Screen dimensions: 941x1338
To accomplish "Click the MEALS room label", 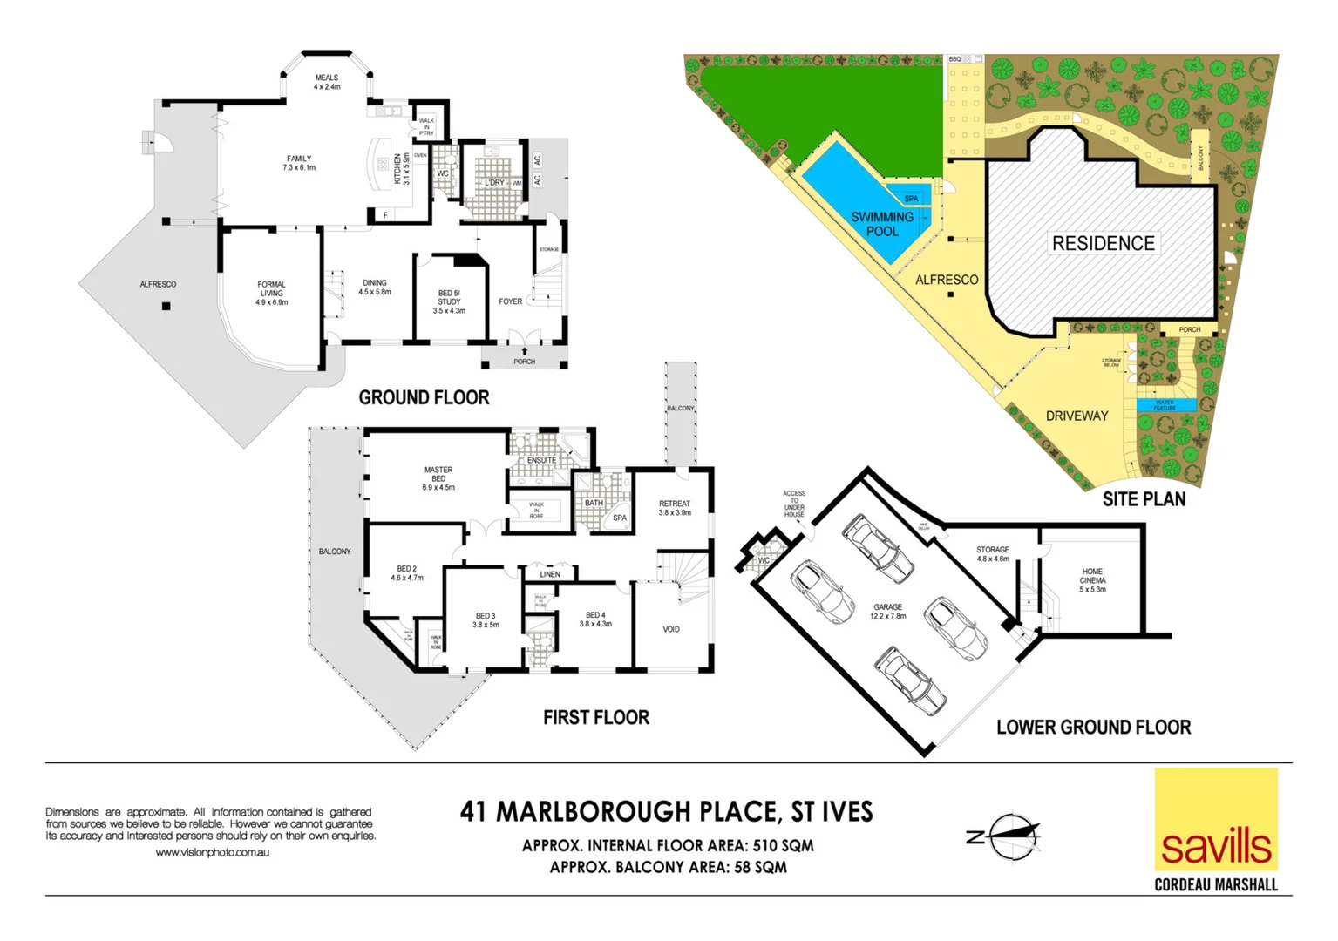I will (327, 82).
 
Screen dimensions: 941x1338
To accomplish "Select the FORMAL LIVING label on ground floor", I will (271, 293).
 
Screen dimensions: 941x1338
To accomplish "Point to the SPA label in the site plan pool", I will (911, 199).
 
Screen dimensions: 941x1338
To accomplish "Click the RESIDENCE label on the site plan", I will (1103, 243).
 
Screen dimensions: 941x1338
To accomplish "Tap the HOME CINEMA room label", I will (1092, 580).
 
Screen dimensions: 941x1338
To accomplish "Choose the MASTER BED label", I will (438, 478).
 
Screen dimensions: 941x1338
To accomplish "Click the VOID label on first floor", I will (671, 629).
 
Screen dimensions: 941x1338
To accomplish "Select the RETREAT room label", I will (675, 508).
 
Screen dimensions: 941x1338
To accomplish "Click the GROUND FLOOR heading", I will (424, 397).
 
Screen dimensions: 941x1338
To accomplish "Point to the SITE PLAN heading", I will (1144, 499).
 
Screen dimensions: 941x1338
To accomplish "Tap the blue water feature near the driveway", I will (1165, 405).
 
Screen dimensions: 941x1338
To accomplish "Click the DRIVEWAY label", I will (1077, 416).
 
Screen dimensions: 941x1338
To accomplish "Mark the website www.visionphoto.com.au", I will (212, 852).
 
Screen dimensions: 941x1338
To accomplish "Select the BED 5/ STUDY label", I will (449, 301).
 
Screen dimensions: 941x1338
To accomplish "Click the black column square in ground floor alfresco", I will (166, 306).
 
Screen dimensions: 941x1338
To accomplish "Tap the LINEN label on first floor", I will (550, 574).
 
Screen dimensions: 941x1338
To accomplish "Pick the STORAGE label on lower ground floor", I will (993, 554).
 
